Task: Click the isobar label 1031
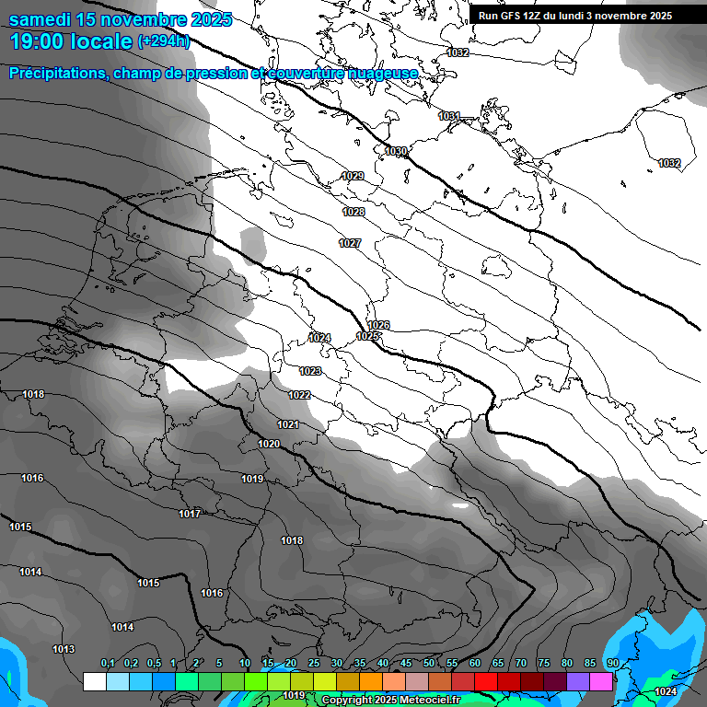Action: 449,116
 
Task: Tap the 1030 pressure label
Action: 396,151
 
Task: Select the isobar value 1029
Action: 353,176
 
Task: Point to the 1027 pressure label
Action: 350,243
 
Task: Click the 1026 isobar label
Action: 378,325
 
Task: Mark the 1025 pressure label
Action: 368,336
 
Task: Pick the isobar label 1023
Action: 310,371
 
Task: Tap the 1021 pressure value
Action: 288,424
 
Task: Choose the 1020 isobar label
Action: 269,444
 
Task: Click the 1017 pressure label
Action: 190,514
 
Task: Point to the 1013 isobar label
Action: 64,649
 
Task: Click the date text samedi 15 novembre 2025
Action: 121,19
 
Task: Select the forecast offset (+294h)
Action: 164,41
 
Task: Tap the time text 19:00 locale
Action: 71,41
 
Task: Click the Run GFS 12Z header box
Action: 574,16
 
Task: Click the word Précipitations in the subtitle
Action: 57,73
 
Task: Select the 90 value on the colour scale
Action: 612,663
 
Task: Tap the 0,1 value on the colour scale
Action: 108,663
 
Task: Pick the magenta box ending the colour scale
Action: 601,681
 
